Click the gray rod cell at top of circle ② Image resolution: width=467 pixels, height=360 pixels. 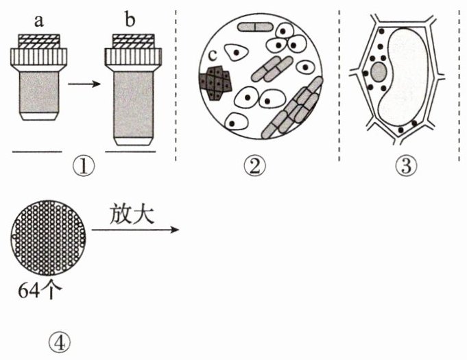[255, 27]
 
